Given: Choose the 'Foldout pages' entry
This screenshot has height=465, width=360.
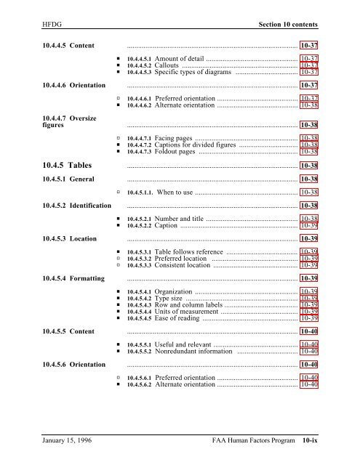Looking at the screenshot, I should (175, 152).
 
